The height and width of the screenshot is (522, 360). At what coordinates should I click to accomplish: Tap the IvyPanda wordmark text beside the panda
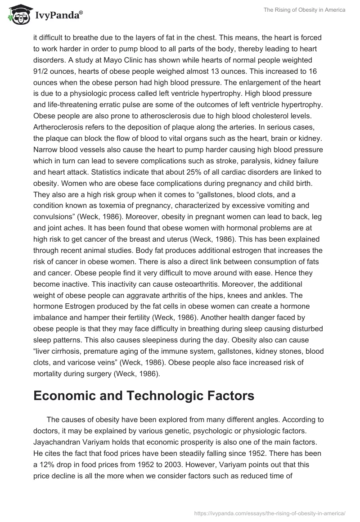(x=58, y=16)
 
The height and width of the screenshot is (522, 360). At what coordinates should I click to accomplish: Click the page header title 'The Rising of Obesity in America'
(x=303, y=10)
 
